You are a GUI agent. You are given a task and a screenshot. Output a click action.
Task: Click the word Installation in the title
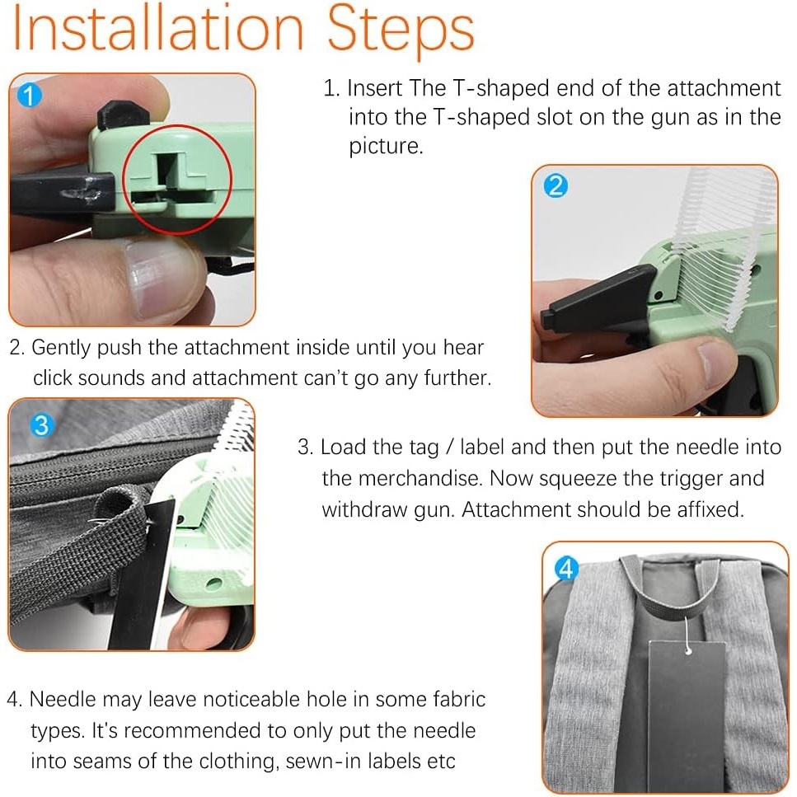tap(157, 29)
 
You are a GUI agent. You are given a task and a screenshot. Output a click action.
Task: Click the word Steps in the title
tap(401, 31)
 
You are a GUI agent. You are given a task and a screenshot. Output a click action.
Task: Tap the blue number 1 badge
tap(30, 95)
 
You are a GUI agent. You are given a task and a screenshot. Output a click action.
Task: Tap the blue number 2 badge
tap(556, 186)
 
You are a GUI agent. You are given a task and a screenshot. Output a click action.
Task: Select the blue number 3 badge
tap(42, 425)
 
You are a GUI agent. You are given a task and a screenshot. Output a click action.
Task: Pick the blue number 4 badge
tap(566, 569)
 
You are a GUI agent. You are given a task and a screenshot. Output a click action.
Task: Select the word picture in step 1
tap(386, 147)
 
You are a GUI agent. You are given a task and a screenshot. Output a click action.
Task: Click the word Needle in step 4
tap(63, 700)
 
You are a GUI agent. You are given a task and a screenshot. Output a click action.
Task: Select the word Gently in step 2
tap(61, 348)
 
